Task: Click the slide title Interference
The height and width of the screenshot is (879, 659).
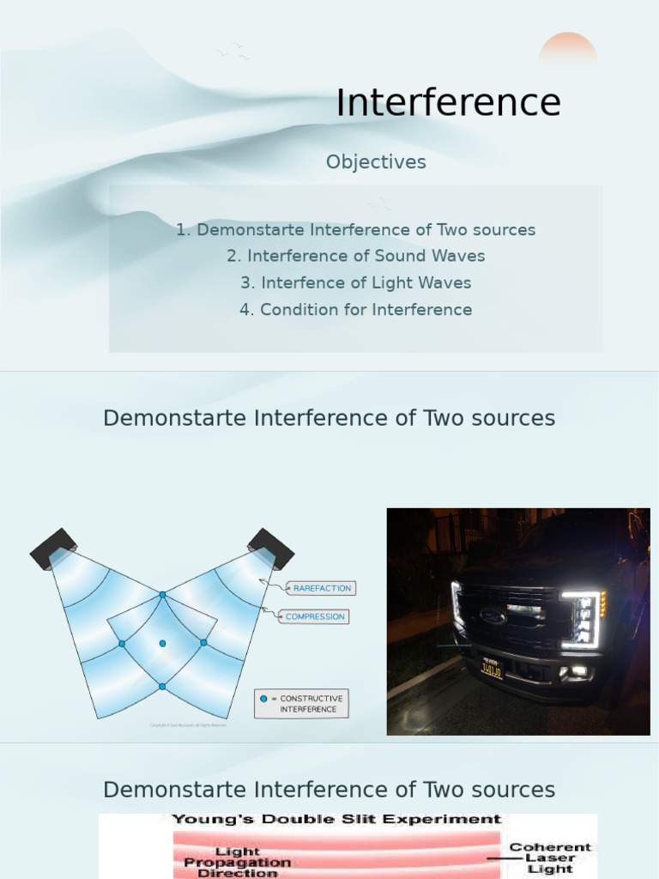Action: [x=448, y=103]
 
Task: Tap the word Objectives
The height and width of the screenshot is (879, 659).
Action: [x=376, y=162]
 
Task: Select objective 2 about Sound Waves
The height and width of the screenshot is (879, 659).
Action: [x=356, y=256]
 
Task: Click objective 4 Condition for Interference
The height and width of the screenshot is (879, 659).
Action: [x=356, y=309]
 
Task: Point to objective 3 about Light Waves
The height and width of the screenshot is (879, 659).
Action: [x=356, y=282]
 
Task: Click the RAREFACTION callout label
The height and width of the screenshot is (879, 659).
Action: [x=322, y=588]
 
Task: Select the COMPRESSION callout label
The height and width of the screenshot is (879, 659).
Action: [x=315, y=616]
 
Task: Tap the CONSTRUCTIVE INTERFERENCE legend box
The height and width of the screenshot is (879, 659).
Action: [x=301, y=704]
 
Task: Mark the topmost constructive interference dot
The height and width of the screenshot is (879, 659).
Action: [x=162, y=594]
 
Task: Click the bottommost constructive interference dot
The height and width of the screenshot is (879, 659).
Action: [x=162, y=686]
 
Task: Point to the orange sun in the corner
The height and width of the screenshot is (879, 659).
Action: [x=567, y=50]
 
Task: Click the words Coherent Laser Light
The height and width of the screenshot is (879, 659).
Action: [x=550, y=858]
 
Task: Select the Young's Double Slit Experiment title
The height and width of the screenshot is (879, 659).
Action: [x=336, y=820]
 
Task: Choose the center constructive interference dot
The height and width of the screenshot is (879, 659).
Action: [x=162, y=643]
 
